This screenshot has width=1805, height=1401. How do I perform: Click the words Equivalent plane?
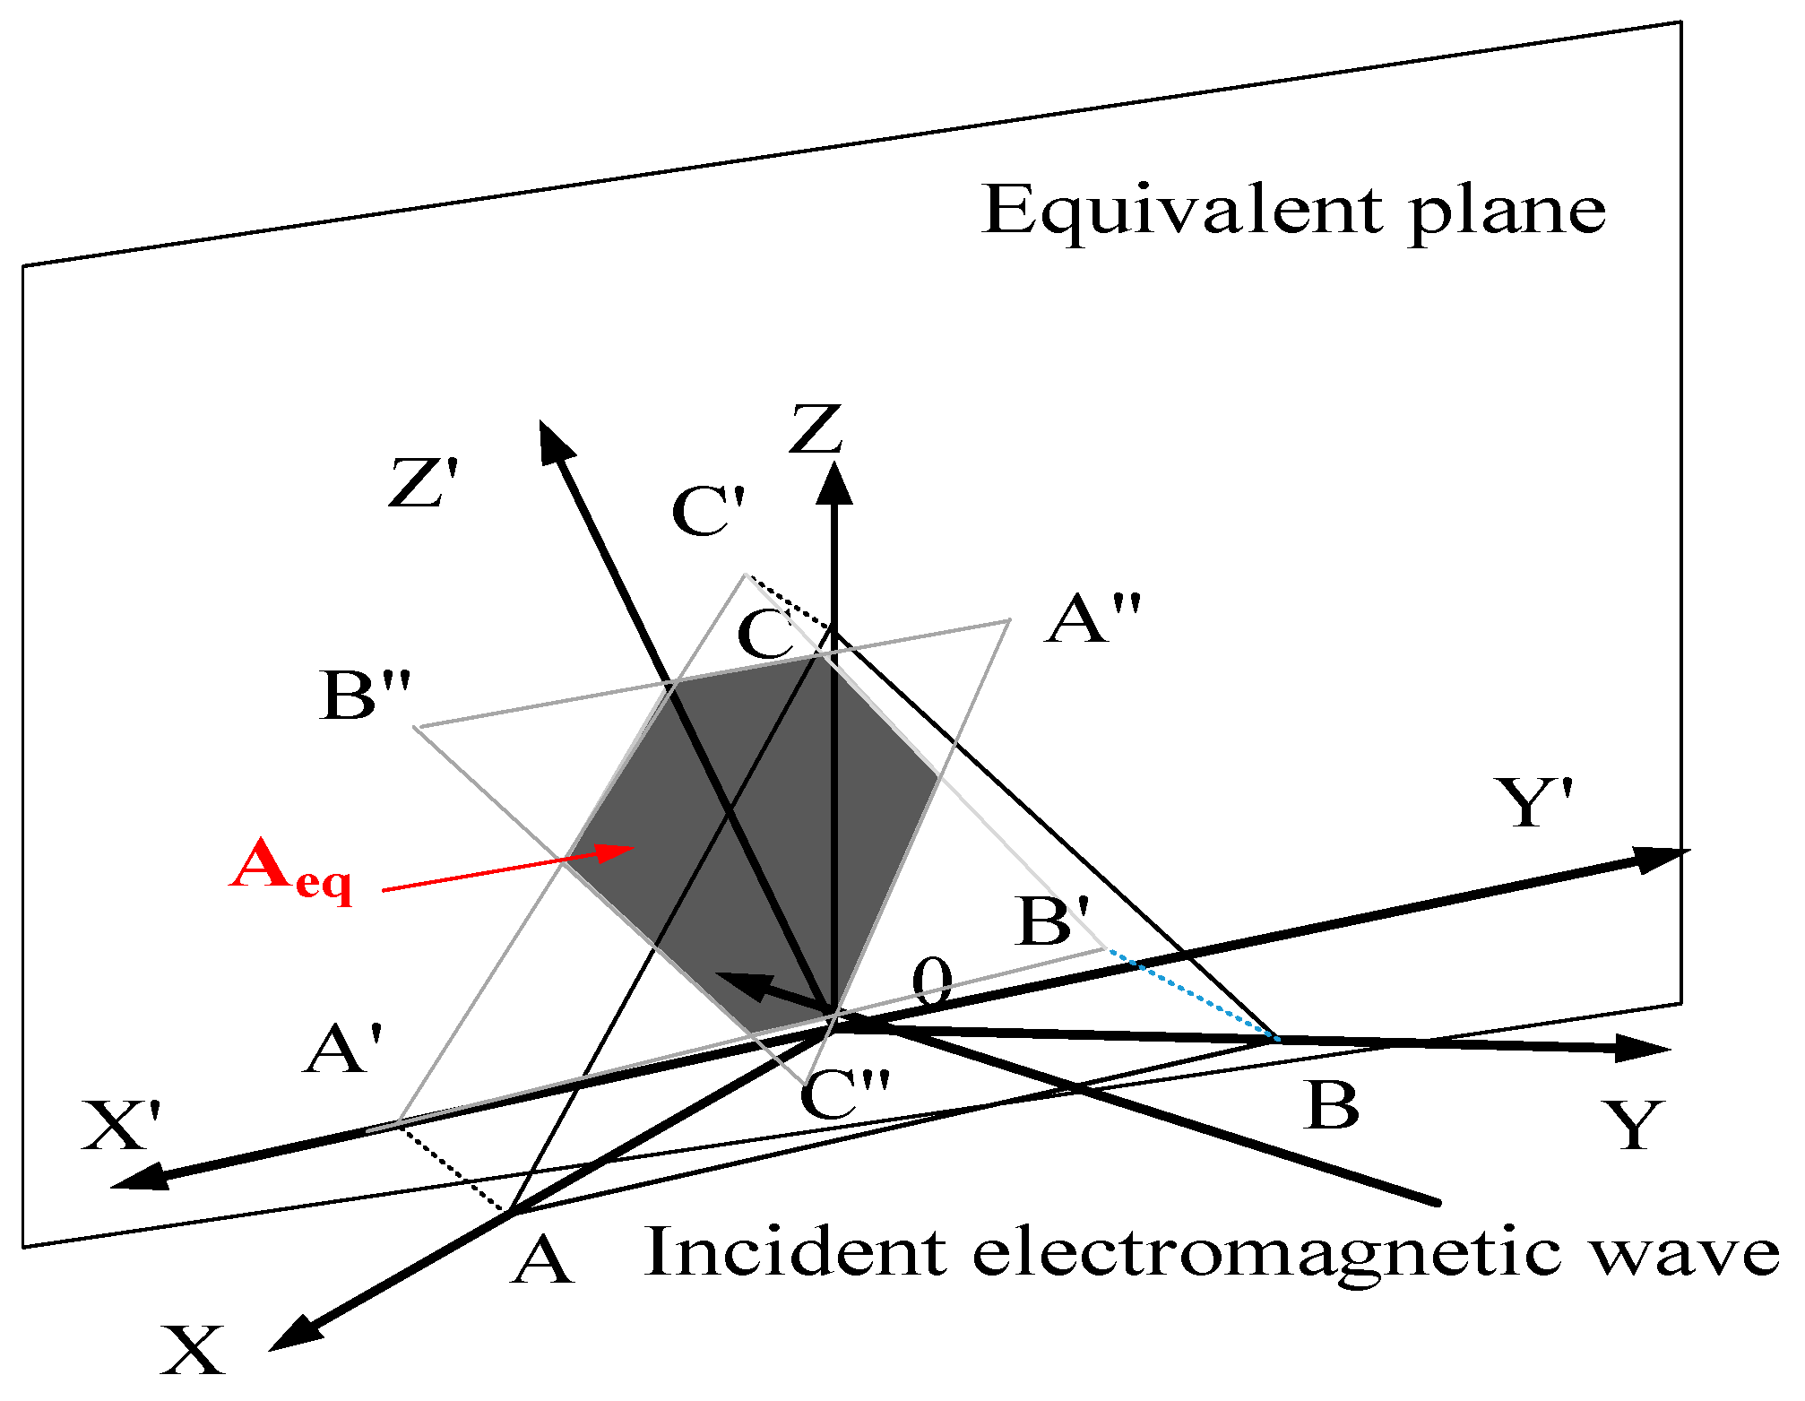[1292, 212]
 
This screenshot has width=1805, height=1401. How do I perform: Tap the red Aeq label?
[290, 869]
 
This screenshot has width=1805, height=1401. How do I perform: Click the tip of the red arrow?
[631, 847]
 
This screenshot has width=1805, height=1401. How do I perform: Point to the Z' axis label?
[424, 484]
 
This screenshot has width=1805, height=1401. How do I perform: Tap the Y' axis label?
[1534, 801]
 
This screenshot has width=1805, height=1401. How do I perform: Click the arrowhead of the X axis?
[291, 1336]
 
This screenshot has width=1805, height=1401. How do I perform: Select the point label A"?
[1093, 618]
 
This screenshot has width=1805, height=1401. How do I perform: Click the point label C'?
[708, 512]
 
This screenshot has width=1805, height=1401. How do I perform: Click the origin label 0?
[932, 982]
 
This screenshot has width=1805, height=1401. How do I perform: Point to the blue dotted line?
[1192, 994]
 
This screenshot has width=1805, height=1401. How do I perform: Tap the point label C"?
[844, 1095]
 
